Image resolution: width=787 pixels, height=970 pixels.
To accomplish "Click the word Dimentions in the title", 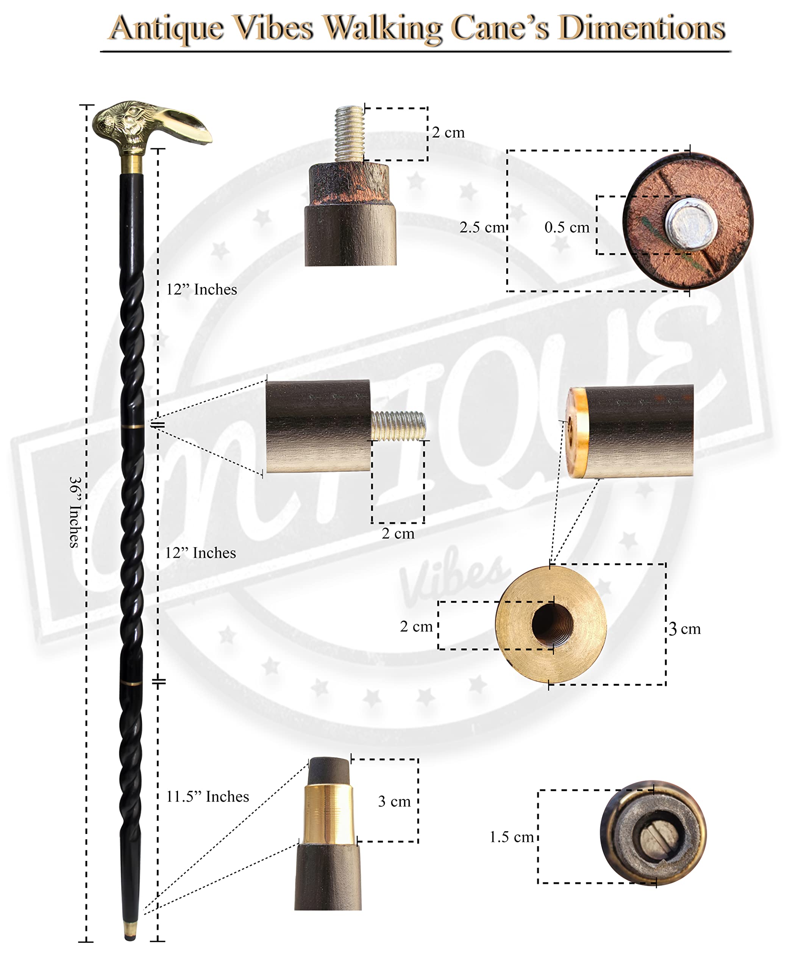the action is (642, 28).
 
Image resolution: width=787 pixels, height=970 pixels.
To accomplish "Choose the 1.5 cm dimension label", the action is (511, 837).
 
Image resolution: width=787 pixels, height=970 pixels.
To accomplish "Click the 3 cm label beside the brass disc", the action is (685, 629).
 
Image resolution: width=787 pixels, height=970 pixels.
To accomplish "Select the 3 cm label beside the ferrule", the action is (394, 801).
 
